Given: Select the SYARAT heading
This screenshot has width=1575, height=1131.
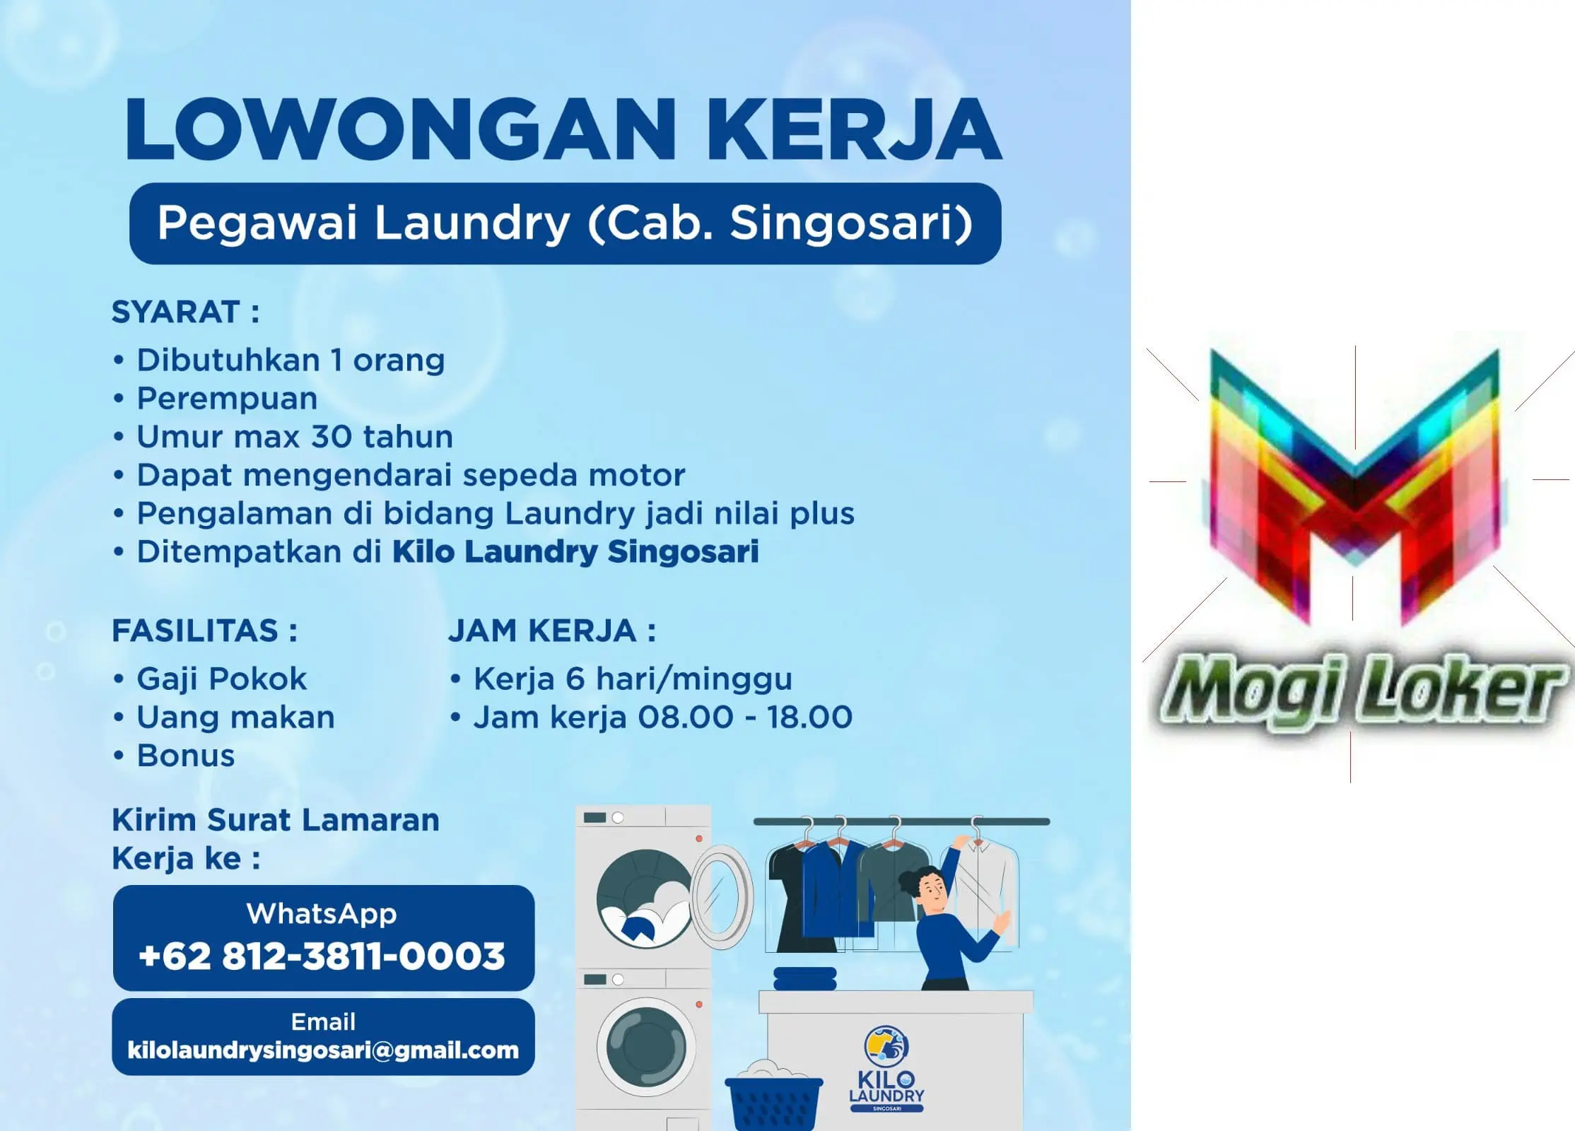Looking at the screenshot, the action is pos(176,312).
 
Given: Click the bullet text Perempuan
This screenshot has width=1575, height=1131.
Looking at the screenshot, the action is pos(227,399).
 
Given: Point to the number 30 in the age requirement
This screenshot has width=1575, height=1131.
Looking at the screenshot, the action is pos(332,437).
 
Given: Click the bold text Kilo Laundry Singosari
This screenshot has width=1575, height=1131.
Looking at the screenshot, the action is pos(575,552).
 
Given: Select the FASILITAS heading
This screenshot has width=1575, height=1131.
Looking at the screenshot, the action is pos(196,631).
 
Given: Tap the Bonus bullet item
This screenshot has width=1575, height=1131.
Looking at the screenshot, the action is pos(185,756).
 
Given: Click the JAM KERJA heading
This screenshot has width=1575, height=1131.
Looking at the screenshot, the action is pos(542,631).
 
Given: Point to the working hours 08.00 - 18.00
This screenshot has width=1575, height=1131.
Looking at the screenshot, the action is pos(745,717).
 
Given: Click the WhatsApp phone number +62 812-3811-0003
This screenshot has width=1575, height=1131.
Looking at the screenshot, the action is pos(322,956).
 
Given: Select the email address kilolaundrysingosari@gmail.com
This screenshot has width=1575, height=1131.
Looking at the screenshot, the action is pos(323,1050).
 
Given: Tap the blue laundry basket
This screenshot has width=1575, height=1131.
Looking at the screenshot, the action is pos(773,1101).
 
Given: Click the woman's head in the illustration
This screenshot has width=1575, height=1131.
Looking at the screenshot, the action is pos(921,888).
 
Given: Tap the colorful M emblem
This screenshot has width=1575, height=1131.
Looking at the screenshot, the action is pos(1354,488).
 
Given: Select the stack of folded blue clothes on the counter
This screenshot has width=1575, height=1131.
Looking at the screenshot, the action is pos(805,979).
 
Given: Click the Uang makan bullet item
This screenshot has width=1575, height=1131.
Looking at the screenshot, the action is pos(235,717).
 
